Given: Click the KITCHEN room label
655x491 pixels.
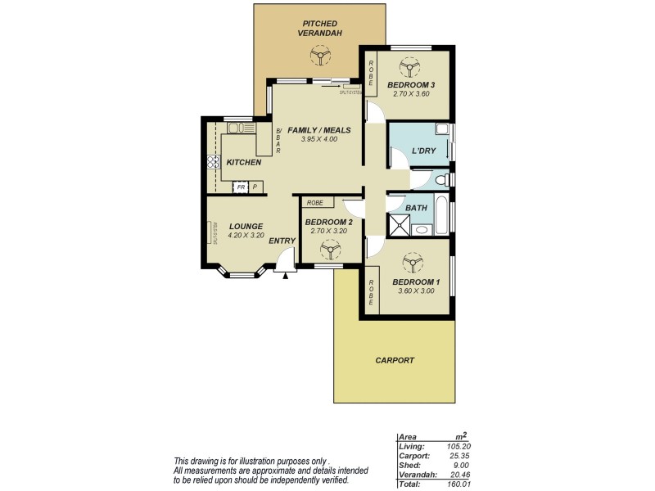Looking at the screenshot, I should tap(243, 162).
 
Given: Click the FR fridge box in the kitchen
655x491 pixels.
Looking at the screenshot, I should tap(240, 187).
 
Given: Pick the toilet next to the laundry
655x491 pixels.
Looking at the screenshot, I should tap(443, 179).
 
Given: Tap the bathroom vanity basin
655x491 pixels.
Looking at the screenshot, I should tap(421, 230).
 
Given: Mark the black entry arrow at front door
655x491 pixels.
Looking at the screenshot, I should tap(285, 275).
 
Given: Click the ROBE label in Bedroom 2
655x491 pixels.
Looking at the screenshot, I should tap(315, 202).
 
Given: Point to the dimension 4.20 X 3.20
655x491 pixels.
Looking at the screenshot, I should tap(245, 236).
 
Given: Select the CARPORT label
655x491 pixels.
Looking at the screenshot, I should tap(395, 360).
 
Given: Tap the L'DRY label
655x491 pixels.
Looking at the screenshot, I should tap(422, 151).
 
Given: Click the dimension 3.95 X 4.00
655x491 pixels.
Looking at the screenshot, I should tap(318, 139).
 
